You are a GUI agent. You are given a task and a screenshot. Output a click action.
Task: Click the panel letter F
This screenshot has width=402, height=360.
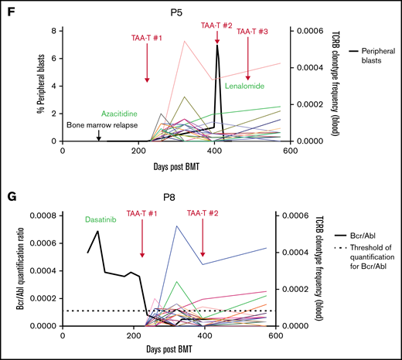(9, 9)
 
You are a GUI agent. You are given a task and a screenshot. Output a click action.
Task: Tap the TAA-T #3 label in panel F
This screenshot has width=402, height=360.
(252, 32)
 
